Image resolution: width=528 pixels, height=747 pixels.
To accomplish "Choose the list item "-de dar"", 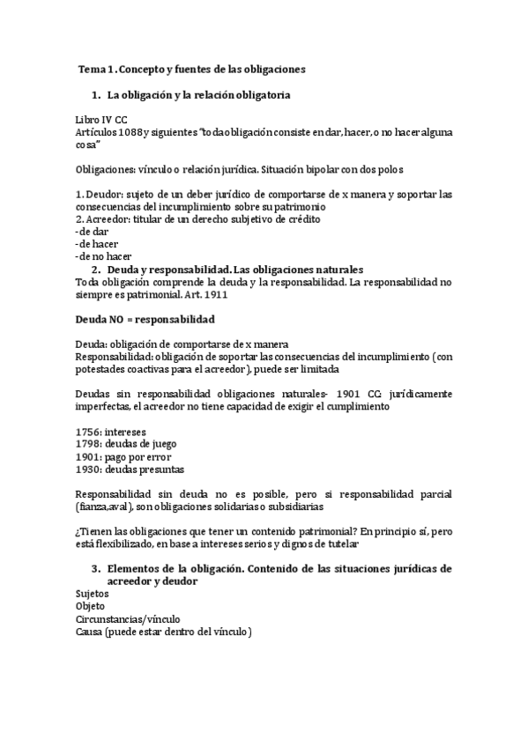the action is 93,231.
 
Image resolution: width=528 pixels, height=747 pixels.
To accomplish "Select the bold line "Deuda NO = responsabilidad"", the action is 145,318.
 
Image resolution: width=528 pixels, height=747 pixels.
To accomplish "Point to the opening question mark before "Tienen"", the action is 78,532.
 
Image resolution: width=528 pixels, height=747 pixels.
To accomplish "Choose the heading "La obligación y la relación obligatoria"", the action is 198,93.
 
